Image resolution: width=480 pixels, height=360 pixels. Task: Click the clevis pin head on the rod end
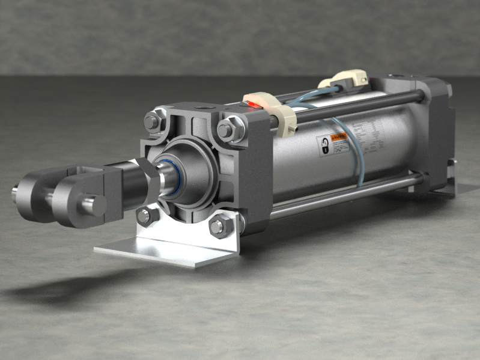pos(93,204)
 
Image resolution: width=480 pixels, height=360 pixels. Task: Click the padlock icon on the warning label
pos(323,146)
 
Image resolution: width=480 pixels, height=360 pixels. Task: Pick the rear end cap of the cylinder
pos(433,132)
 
